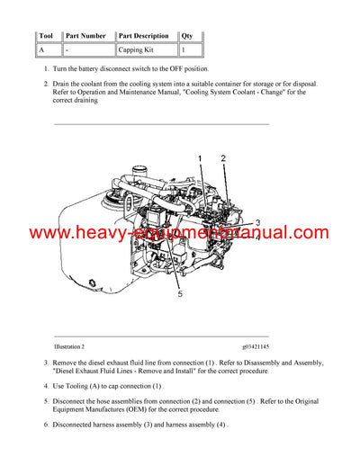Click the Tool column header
tap(48, 36)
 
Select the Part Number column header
tap(86, 36)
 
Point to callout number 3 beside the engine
tap(257, 222)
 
